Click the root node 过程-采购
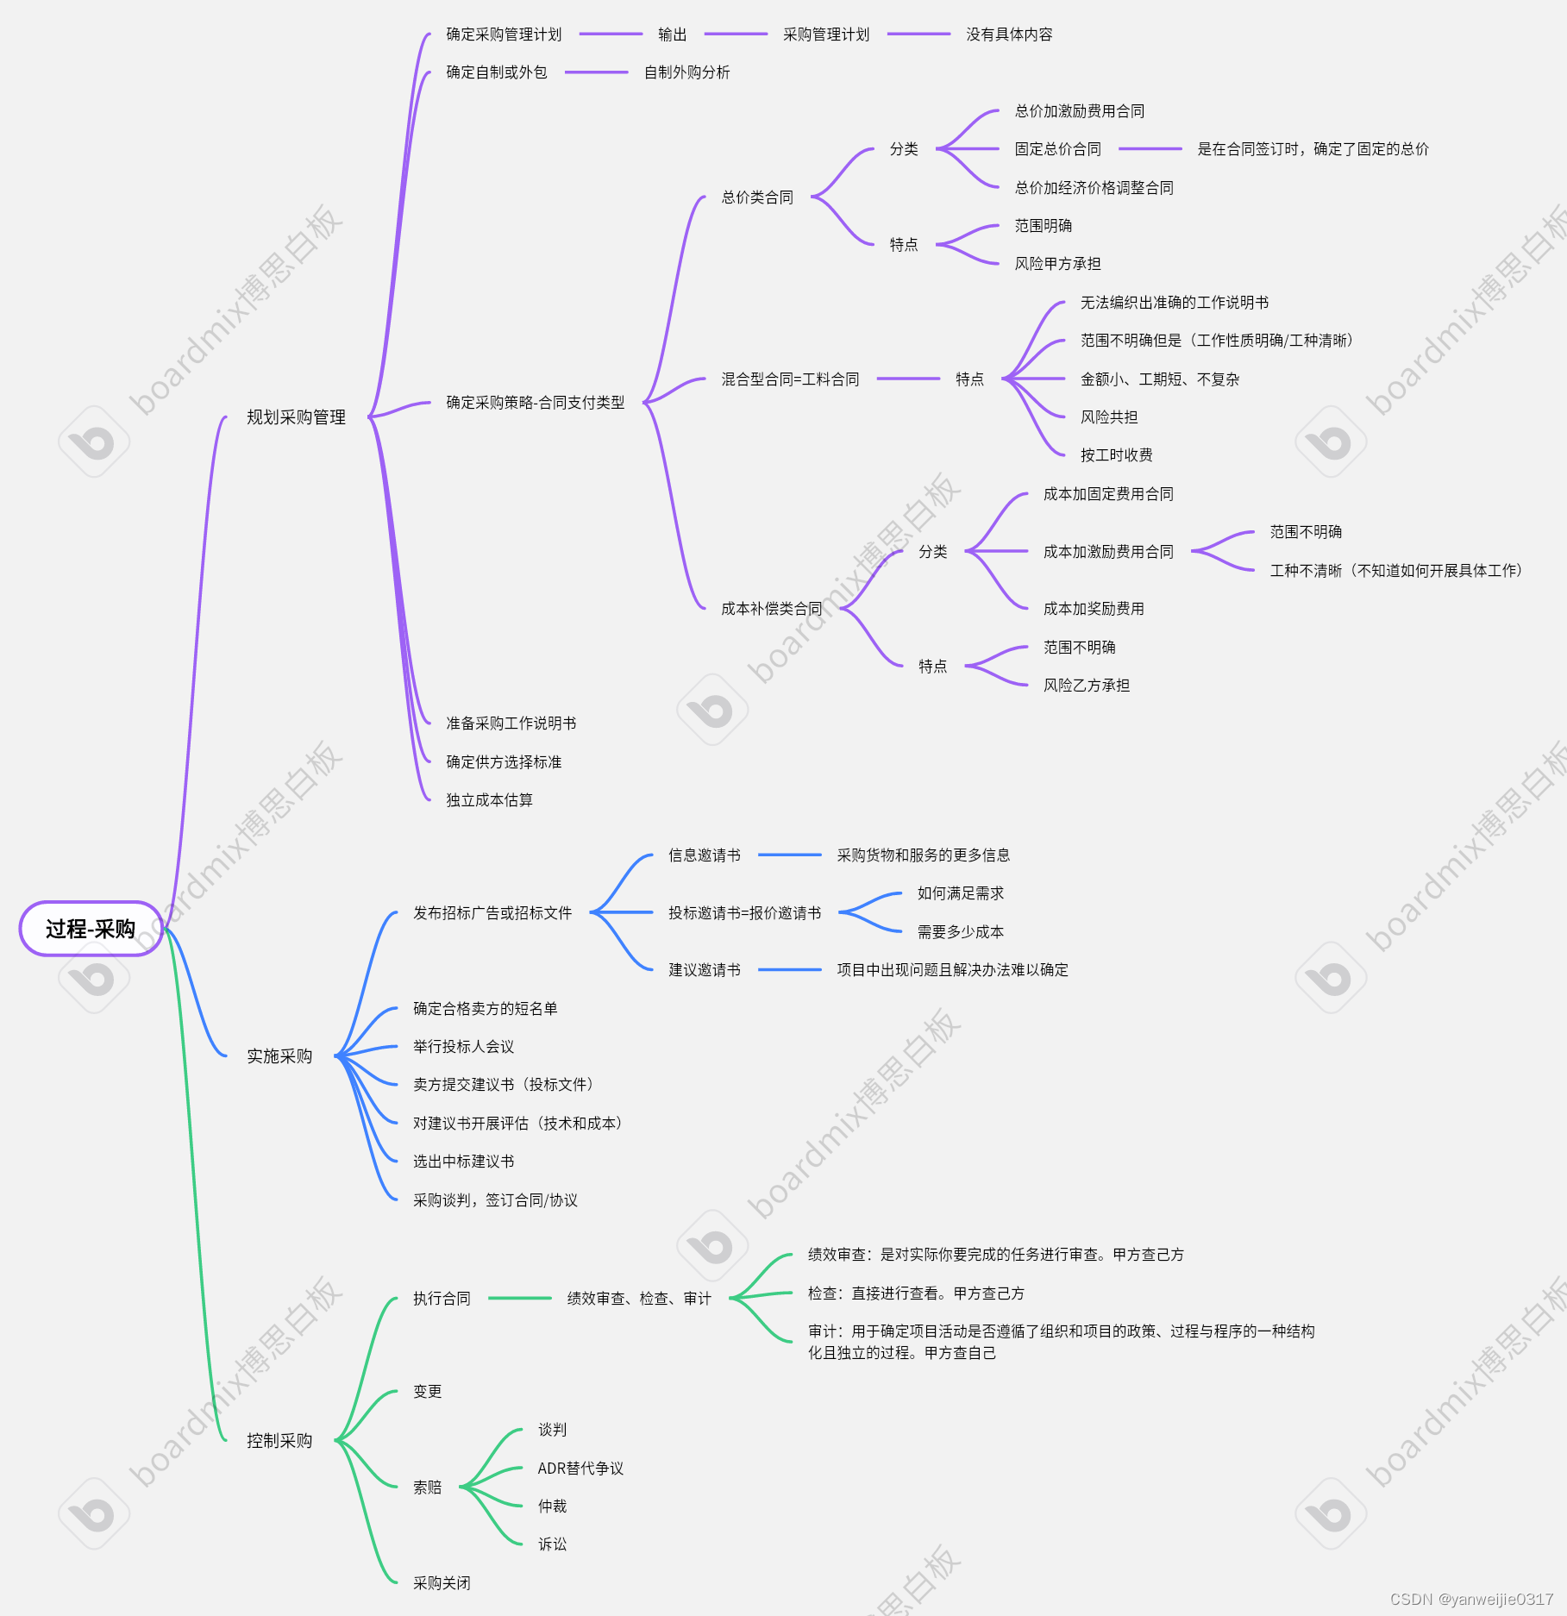pyautogui.click(x=91, y=929)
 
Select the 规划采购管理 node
pyautogui.click(x=296, y=417)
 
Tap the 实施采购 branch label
pyautogui.click(x=279, y=1056)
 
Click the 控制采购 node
pyautogui.click(x=279, y=1441)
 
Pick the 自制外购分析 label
pyautogui.click(x=686, y=72)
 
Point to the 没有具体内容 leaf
pyautogui.click(x=1009, y=34)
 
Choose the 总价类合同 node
pyautogui.click(x=757, y=197)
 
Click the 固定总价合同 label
pyautogui.click(x=1057, y=149)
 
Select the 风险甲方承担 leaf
pyautogui.click(x=1057, y=264)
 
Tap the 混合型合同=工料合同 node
pyautogui.click(x=790, y=379)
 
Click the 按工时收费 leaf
pyautogui.click(x=1116, y=455)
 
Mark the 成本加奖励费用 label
pyautogui.click(x=1094, y=609)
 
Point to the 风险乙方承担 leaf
pyautogui.click(x=1086, y=686)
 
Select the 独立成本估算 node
pyautogui.click(x=489, y=800)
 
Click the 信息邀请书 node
pyautogui.click(x=704, y=855)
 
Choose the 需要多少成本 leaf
pyautogui.click(x=960, y=932)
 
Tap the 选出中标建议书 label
pyautogui.click(x=463, y=1162)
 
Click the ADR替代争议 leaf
pyautogui.click(x=580, y=1469)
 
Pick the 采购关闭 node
pyautogui.click(x=442, y=1583)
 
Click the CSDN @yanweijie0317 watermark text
pyautogui.click(x=1471, y=1599)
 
